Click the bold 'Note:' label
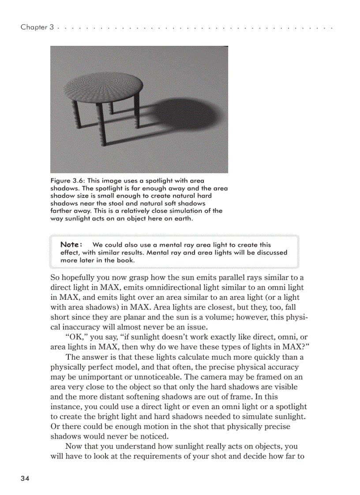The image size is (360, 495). point(71,245)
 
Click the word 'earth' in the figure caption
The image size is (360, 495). point(184,218)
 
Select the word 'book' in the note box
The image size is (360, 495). point(126,260)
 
